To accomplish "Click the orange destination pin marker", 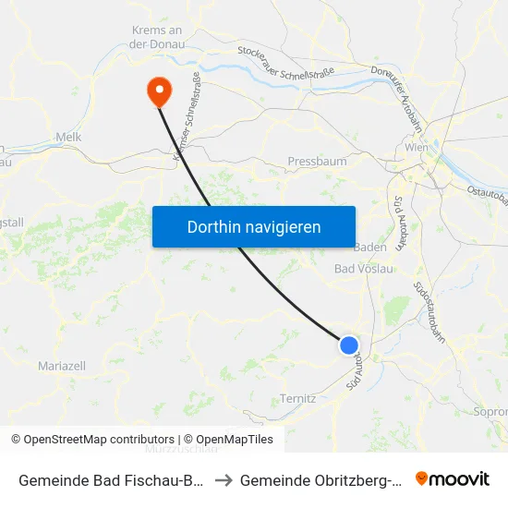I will click(159, 89).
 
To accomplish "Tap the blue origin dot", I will click(348, 345).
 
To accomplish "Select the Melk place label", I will click(69, 137).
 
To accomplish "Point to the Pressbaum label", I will click(317, 161).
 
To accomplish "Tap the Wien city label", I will click(417, 148).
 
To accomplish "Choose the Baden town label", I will click(370, 248).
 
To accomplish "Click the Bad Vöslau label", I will click(363, 269).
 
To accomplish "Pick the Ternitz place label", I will click(297, 398).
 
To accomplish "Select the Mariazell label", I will click(62, 367).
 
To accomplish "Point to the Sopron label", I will click(490, 411).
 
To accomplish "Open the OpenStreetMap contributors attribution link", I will click(92, 440).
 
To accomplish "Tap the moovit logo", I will click(453, 479).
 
